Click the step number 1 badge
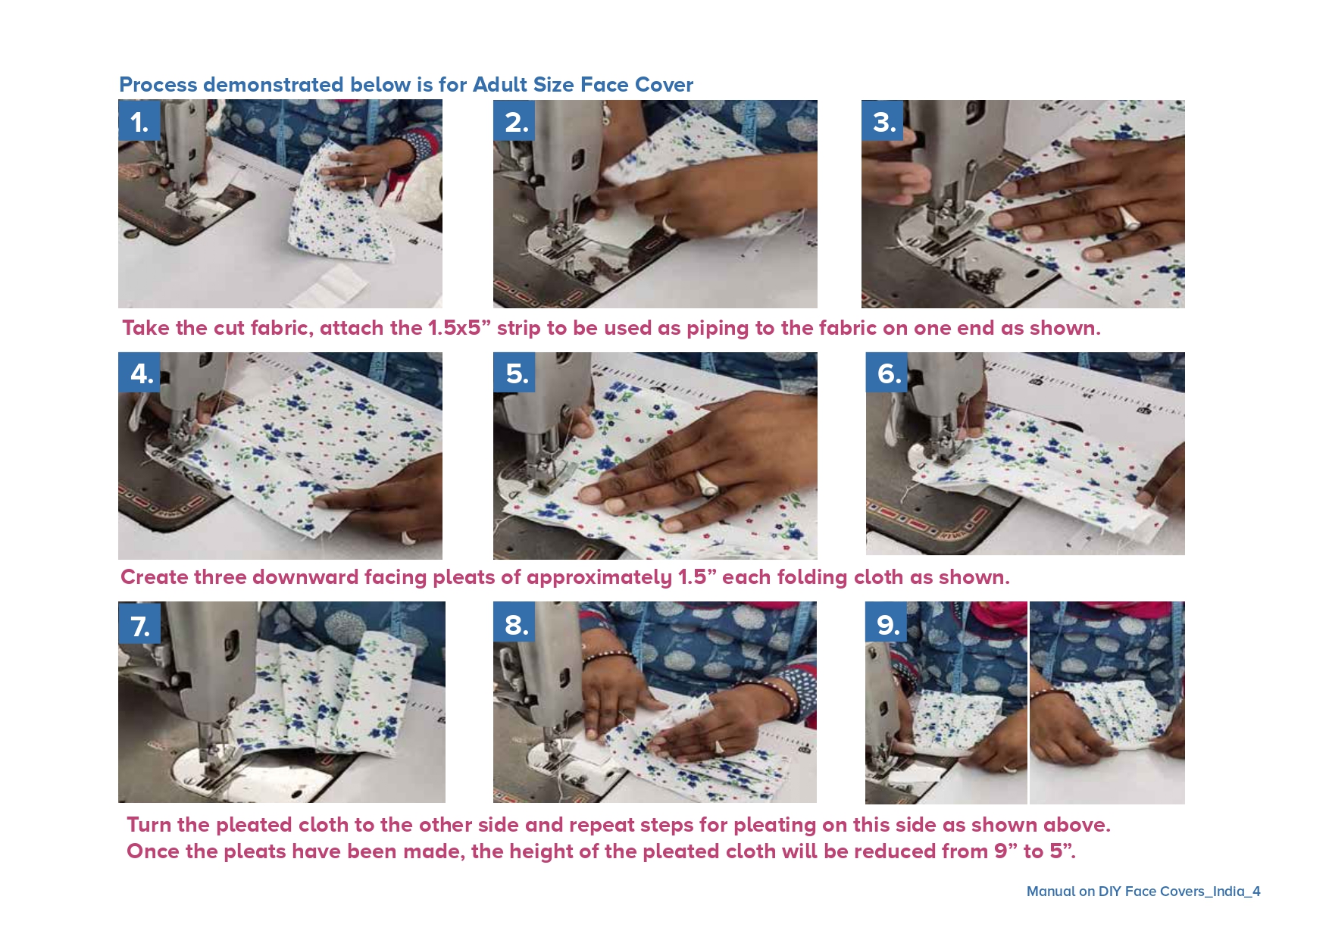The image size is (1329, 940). point(139,120)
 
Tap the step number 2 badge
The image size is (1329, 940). point(514,120)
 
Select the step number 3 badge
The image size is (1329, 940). point(883,120)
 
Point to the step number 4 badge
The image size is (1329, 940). point(139,372)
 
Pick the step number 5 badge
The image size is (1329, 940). point(514,372)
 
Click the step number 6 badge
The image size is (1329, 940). point(887,372)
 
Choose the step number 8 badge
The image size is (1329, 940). point(514,623)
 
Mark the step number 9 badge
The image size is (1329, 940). point(887,623)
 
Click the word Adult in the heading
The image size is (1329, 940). point(500,84)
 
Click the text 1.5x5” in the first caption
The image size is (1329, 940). point(459,328)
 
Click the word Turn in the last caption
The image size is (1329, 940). point(149,825)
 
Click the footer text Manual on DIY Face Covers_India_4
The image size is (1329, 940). point(1143,892)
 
